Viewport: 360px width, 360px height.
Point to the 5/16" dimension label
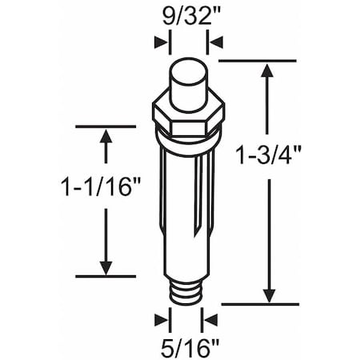coord(186,347)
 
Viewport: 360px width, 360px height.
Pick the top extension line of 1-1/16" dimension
coord(105,126)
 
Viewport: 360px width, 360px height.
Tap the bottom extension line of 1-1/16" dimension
coord(105,277)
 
